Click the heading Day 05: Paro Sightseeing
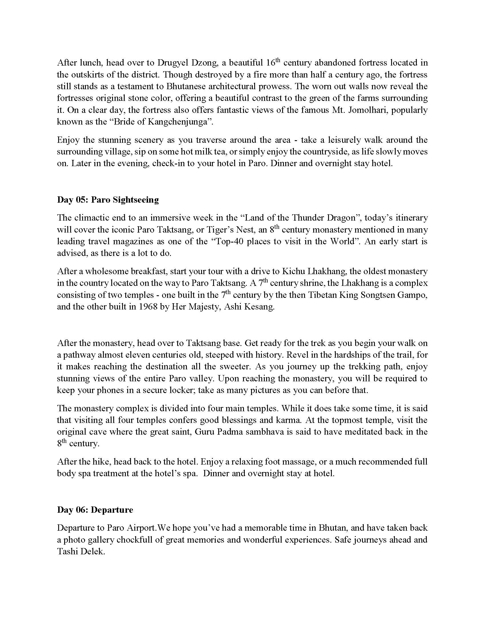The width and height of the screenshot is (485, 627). (x=108, y=200)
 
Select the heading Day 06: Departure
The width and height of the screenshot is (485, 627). (x=95, y=510)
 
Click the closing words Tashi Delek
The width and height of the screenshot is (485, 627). (x=80, y=551)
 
